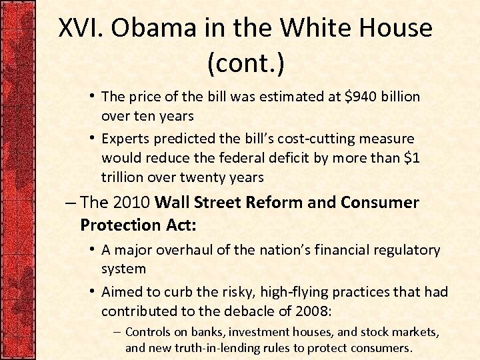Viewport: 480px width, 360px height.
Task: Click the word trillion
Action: pos(123,177)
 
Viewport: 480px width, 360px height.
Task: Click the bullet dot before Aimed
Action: pos(93,292)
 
